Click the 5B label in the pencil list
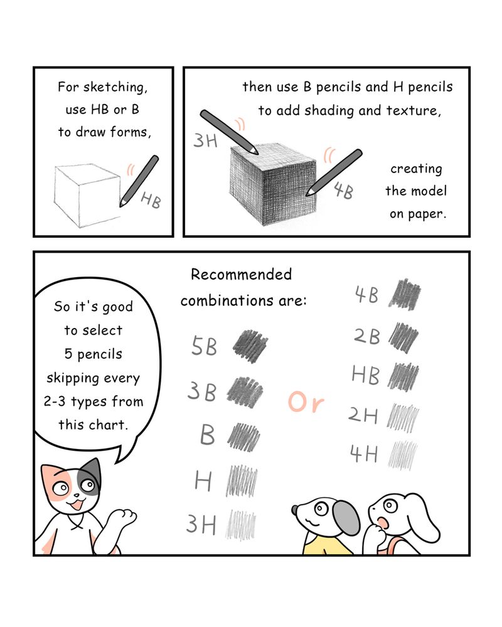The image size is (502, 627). (204, 346)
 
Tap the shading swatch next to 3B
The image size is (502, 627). (245, 392)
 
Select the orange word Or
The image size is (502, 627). (306, 402)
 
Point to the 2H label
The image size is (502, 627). (363, 415)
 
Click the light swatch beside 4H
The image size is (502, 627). (403, 455)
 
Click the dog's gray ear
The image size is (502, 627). (346, 519)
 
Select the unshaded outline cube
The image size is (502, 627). (87, 195)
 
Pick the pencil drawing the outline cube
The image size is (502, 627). (139, 181)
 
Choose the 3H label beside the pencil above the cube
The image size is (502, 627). (205, 140)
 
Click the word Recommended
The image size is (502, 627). (241, 275)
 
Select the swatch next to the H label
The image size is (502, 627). (242, 481)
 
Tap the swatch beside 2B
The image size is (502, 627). (403, 337)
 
